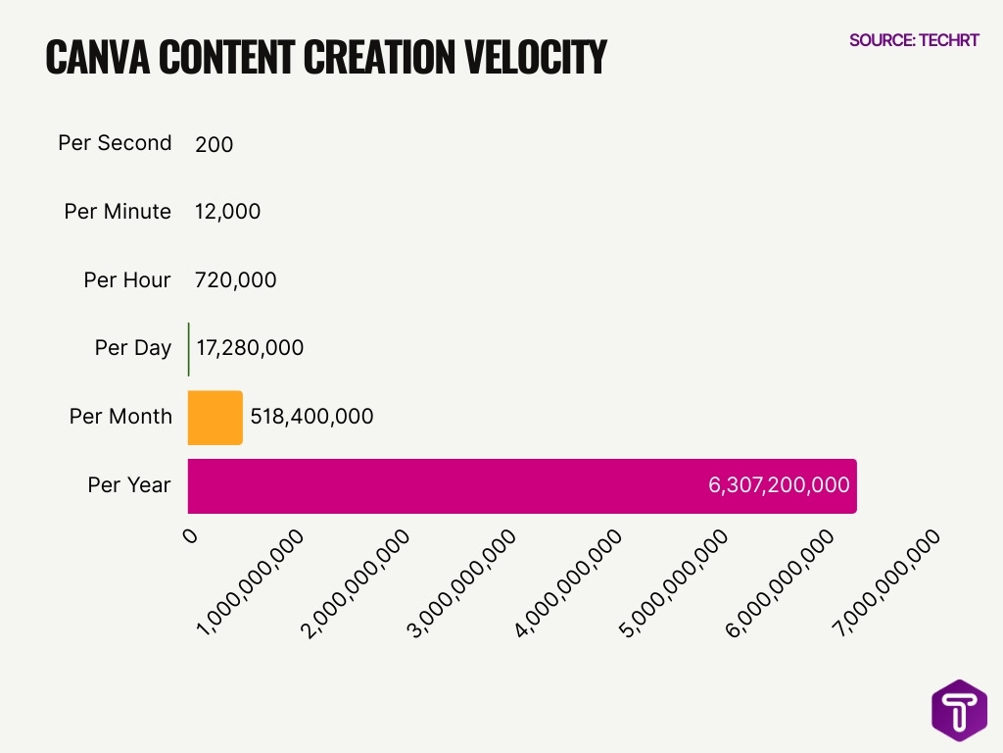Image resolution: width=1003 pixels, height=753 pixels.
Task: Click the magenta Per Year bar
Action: coord(441,486)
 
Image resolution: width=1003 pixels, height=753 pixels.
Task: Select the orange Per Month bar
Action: coord(215,418)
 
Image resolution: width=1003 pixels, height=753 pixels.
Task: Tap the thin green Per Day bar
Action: coord(189,349)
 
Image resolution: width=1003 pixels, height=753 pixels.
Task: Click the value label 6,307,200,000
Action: coord(779,484)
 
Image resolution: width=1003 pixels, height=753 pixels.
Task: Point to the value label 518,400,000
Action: coord(311,417)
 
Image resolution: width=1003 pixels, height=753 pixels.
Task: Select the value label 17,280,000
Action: coord(250,348)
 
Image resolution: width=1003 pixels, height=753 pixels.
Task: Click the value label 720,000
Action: coord(236,280)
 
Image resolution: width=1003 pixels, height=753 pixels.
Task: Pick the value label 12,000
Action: coord(228,212)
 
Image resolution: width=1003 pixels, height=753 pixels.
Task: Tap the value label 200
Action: coord(215,145)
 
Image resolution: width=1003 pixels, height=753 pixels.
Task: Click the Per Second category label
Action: coord(115,143)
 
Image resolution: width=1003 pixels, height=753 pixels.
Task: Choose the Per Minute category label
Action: coord(118,212)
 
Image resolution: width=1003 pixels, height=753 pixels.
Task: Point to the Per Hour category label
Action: coord(127,280)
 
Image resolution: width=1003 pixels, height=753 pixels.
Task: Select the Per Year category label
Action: coord(129,485)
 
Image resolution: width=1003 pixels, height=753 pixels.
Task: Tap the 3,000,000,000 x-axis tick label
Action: coord(462,582)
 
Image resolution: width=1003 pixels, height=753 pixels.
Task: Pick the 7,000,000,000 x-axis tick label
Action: coord(885,582)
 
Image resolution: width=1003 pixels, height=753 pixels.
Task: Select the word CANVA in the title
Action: coord(98,59)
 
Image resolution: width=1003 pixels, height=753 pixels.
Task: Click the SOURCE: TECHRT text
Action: coord(914,40)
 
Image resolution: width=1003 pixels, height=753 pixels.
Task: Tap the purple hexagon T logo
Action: coord(959,710)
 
